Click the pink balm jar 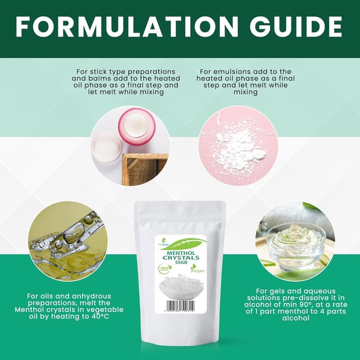tap(136, 127)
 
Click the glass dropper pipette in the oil tap(74, 233)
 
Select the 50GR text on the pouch tap(179, 263)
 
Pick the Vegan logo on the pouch tap(197, 268)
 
